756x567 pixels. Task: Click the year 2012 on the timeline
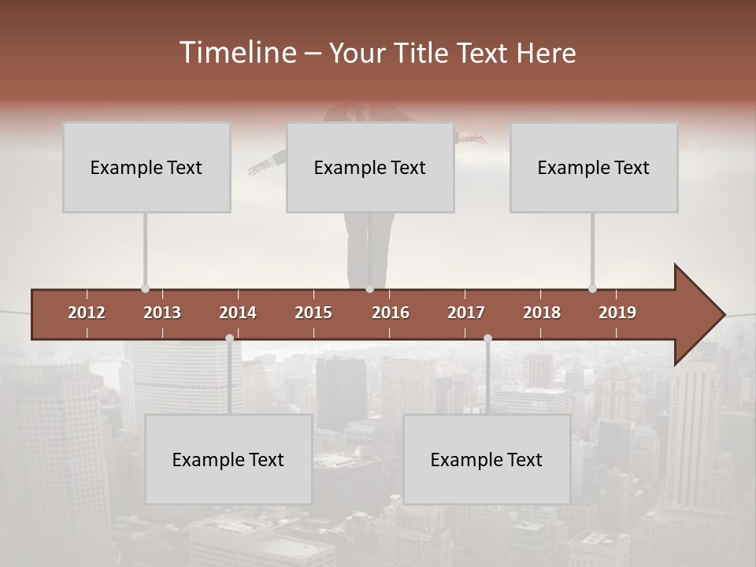87,313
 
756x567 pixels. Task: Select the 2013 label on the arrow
162,313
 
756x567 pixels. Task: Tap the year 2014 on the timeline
238,313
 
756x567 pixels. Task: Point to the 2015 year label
313,313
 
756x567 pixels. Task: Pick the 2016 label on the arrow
391,313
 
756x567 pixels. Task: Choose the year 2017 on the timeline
466,313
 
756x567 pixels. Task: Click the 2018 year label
542,313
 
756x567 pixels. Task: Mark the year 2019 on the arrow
617,313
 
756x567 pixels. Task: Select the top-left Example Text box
146,167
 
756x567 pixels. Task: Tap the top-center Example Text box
370,167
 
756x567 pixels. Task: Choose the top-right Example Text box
594,167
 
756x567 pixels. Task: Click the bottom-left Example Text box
228,459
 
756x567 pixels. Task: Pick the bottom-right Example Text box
487,459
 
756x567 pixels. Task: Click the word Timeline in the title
237,52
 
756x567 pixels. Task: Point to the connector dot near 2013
145,289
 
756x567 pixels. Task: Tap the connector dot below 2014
229,339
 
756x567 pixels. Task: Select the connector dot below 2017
487,339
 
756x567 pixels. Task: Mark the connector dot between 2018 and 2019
592,289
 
